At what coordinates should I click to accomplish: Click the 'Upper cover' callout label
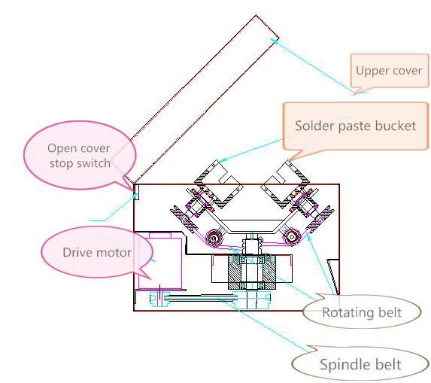coord(389,71)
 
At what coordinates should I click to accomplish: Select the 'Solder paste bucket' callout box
coord(356,126)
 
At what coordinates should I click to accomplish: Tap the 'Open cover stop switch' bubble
coord(80,155)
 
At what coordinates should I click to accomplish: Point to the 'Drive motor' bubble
coord(97,252)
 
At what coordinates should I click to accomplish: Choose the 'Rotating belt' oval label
coord(362,312)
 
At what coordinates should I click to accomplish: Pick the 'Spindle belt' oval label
coord(360,364)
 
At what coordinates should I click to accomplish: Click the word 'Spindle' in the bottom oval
coord(339,365)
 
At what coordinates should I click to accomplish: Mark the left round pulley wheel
coord(214,238)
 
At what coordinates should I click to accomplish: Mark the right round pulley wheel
coord(292,236)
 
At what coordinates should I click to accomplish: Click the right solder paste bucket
coord(285,184)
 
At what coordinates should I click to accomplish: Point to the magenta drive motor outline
coord(160,260)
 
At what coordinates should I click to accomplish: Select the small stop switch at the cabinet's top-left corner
coord(136,192)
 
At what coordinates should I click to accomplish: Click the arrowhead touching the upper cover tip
coord(273,41)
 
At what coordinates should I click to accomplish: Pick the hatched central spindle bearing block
coord(252,272)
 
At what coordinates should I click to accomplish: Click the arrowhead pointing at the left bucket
coord(223,160)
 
